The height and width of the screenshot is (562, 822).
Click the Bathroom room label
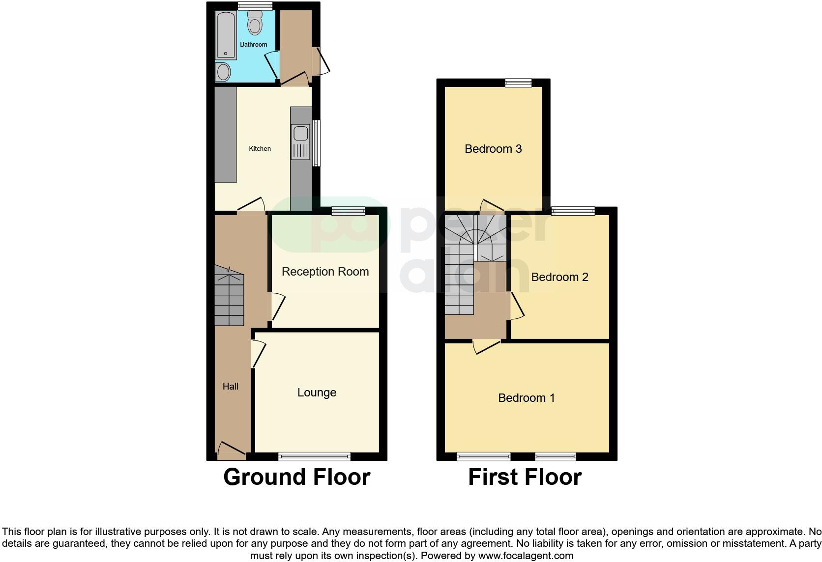(x=253, y=44)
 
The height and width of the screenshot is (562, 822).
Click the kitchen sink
(x=300, y=134)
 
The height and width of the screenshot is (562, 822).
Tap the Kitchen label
(x=260, y=148)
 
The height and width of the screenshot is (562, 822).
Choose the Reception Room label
(x=325, y=272)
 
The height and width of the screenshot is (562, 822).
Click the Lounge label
(x=317, y=393)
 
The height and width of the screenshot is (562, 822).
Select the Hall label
(x=230, y=387)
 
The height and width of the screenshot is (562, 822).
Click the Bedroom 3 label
(x=493, y=149)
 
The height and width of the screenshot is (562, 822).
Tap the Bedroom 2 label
(x=559, y=277)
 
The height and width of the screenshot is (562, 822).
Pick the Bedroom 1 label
(x=527, y=398)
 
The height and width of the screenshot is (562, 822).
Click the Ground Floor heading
(x=296, y=477)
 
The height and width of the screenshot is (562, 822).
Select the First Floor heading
(x=525, y=477)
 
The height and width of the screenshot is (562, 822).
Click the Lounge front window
(x=314, y=456)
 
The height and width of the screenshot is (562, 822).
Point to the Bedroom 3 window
(x=519, y=83)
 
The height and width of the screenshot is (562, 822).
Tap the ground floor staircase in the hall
(x=229, y=297)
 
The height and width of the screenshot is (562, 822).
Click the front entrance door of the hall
(x=232, y=451)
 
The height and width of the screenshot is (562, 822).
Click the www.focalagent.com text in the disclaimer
(x=526, y=556)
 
